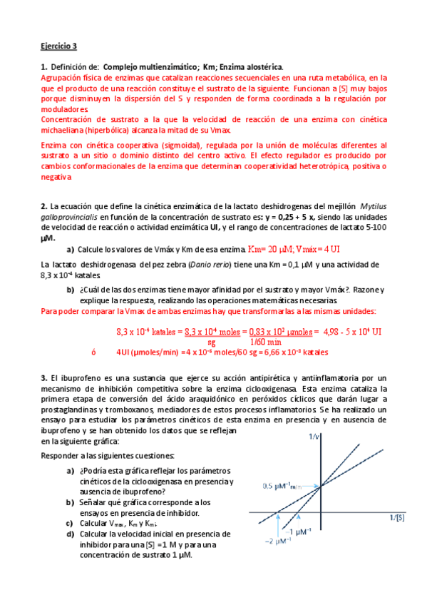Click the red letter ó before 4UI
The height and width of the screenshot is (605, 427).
click(93, 352)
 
